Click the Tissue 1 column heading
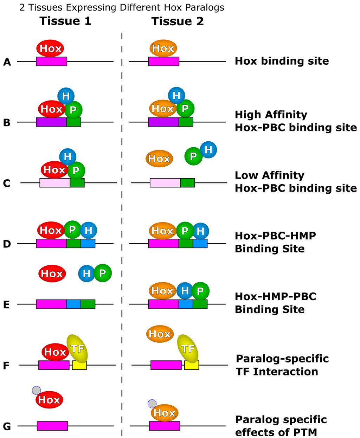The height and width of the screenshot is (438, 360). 65,21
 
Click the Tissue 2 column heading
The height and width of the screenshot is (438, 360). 178,21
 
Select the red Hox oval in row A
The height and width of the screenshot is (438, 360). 50,48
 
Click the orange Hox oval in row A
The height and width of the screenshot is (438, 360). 163,48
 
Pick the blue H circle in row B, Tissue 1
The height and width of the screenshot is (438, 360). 66,96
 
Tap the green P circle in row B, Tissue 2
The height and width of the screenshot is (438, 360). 185,108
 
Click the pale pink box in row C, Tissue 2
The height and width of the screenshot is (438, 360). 165,183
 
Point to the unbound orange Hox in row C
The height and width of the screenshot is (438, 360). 159,159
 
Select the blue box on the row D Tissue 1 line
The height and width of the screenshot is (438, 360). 88,243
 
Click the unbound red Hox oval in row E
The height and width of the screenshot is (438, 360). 52,273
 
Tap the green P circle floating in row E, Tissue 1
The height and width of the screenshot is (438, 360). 102,273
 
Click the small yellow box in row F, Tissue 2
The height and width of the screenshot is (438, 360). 192,365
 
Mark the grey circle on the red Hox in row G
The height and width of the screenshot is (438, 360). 36,390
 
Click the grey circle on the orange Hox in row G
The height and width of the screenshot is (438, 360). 152,404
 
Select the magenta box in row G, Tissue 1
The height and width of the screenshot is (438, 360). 52,426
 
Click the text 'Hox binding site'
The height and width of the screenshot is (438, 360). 282,61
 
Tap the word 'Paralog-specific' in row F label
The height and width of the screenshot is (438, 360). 282,359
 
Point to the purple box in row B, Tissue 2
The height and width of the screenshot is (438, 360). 163,122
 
